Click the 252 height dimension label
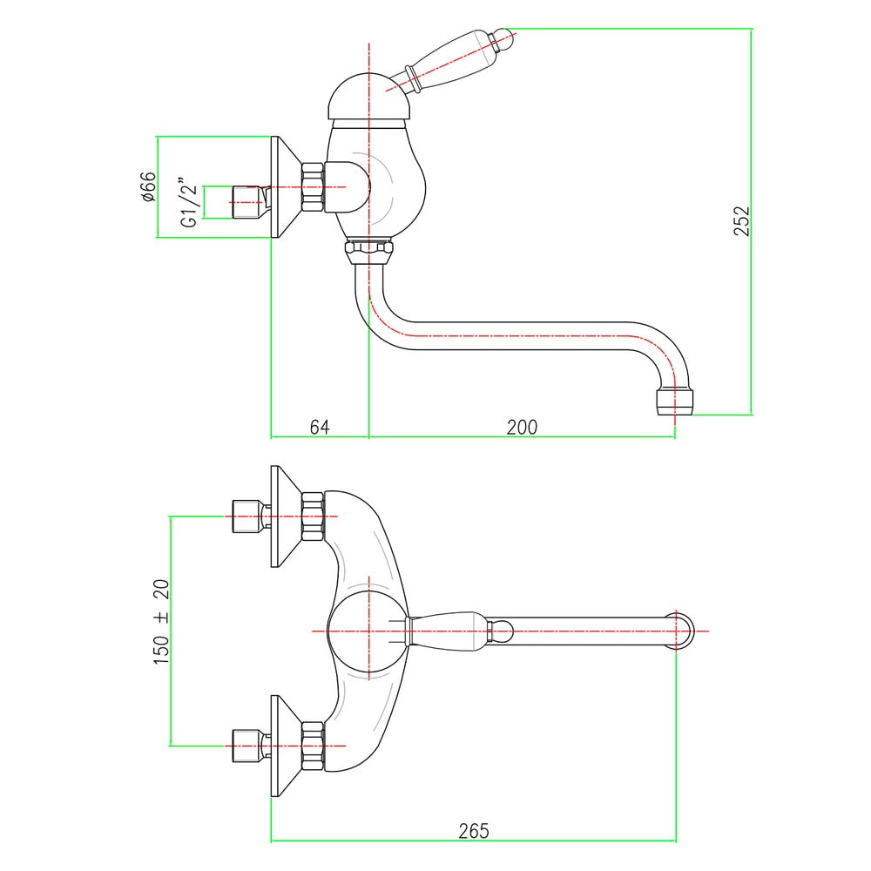coord(741,220)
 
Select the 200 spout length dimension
coord(522,427)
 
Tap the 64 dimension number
coord(320,427)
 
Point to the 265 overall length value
coord(474,831)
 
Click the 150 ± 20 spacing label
coord(161,622)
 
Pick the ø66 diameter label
coord(148,186)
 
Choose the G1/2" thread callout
coord(189,202)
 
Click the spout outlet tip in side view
coord(674,402)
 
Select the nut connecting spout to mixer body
coord(368,252)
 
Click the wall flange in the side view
coord(286,186)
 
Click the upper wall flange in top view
coord(286,517)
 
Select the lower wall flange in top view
coord(286,746)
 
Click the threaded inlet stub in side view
coord(247,202)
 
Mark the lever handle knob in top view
coord(500,631)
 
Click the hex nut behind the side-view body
coord(313,186)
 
